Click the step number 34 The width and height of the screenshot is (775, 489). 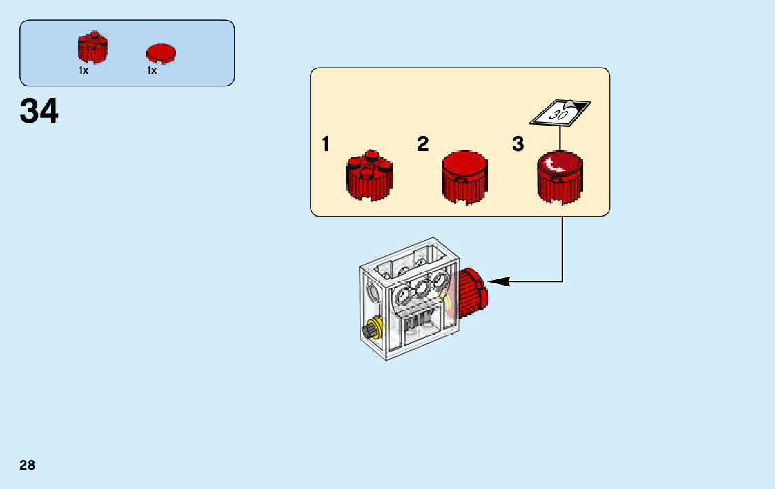[x=39, y=111]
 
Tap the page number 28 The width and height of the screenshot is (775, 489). [x=27, y=465]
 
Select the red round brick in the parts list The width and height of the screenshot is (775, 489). [x=92, y=48]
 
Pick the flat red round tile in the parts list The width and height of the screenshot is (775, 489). [x=161, y=53]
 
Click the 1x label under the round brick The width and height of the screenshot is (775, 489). [x=84, y=70]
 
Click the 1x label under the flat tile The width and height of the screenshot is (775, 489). [x=152, y=70]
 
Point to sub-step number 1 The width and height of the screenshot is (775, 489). [x=326, y=145]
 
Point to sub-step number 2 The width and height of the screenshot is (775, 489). [x=423, y=145]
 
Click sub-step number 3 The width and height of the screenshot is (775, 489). [x=518, y=145]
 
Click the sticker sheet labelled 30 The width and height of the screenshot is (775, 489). [x=560, y=112]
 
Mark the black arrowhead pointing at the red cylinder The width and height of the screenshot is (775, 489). [x=499, y=281]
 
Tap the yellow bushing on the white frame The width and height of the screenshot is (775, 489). [x=377, y=325]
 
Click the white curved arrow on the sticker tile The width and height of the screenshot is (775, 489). [x=553, y=166]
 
